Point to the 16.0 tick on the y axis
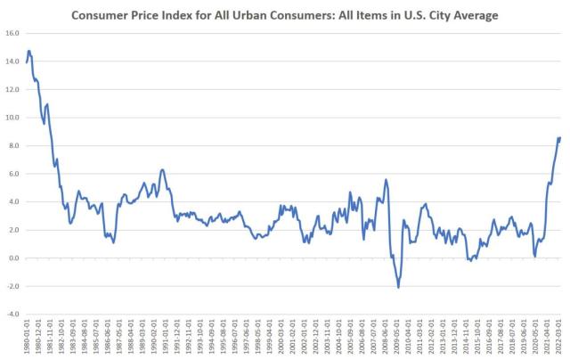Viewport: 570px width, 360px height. (x=13, y=33)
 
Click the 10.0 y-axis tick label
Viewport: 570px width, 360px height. (x=13, y=118)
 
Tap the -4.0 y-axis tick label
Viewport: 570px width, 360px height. (x=13, y=315)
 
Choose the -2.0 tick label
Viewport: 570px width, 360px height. (x=13, y=286)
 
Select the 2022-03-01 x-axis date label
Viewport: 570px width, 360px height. (x=558, y=339)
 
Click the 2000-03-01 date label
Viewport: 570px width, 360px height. (x=281, y=339)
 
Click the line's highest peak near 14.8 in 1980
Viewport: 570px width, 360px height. (x=29, y=51)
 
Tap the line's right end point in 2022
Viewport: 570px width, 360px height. (x=559, y=138)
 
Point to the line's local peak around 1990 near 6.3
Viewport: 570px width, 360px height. (x=161, y=169)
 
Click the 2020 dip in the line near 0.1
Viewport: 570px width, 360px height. (x=534, y=256)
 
